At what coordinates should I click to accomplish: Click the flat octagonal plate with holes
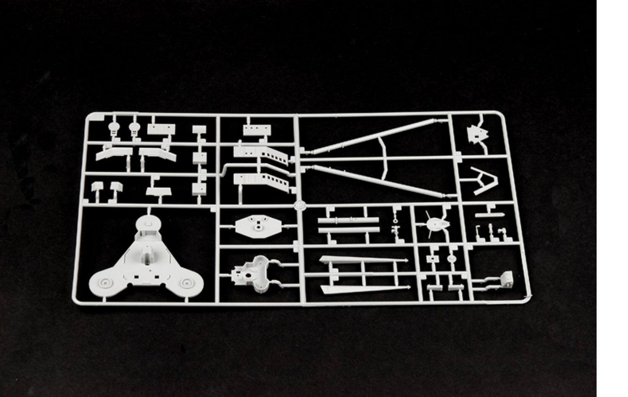(x=257, y=226)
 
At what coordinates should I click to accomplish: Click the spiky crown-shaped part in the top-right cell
(x=478, y=134)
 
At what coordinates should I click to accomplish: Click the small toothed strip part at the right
(x=490, y=215)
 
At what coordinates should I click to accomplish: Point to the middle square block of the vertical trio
(x=200, y=157)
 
